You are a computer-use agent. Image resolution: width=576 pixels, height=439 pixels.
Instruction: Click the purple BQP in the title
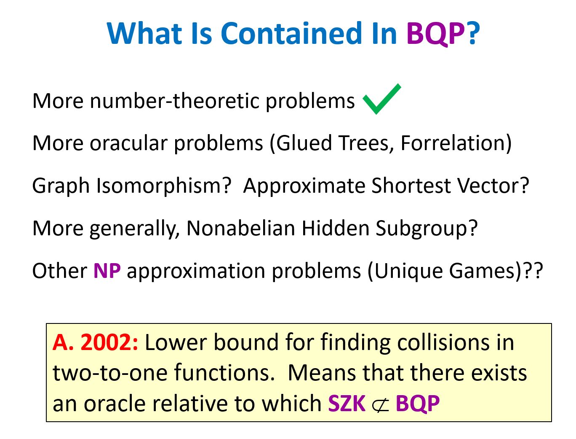pos(436,34)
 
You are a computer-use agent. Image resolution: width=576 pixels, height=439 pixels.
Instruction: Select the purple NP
pos(107,271)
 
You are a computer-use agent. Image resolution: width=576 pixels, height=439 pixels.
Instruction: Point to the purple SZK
pos(347,403)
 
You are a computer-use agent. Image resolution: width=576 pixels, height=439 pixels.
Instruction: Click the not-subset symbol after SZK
pos(380,404)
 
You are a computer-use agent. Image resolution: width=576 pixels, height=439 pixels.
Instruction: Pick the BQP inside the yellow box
pos(418,403)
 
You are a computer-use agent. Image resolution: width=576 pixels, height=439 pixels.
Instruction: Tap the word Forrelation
pos(456,143)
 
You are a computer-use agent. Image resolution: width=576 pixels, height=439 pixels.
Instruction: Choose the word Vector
pos(493,186)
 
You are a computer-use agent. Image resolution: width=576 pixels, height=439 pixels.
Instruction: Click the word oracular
pos(128,143)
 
